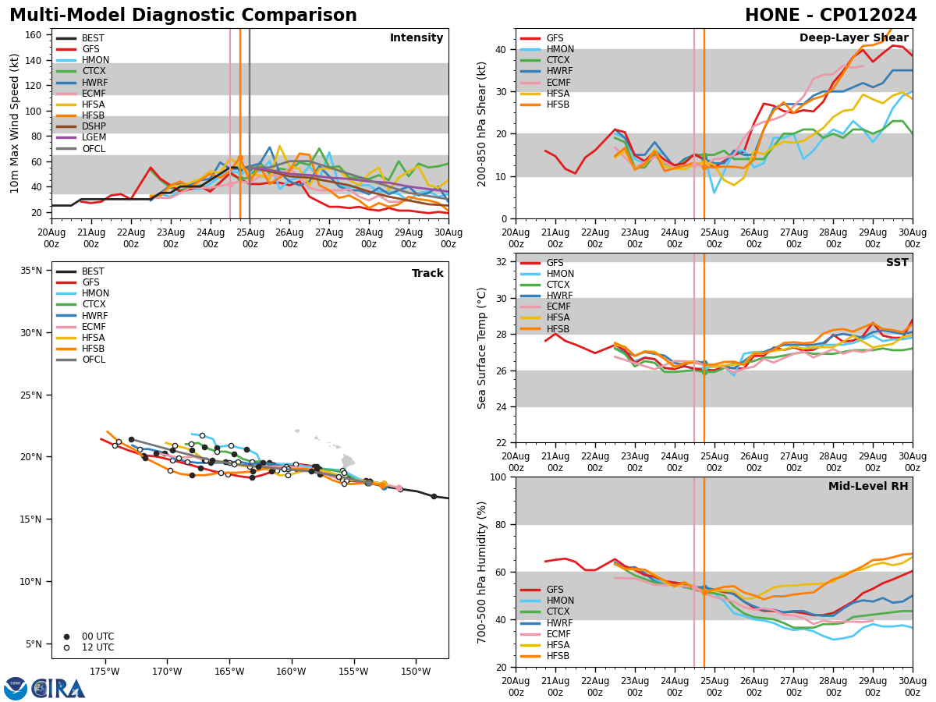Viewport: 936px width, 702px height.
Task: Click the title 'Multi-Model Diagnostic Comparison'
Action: click(x=183, y=16)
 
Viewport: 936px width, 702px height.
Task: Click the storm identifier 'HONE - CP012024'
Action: click(x=831, y=16)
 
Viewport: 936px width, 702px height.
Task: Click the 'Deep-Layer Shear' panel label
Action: click(x=853, y=38)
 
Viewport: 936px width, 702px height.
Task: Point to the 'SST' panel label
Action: click(x=897, y=263)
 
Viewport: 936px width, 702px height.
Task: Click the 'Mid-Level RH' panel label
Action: click(x=868, y=487)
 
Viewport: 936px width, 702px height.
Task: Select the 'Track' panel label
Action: click(x=427, y=274)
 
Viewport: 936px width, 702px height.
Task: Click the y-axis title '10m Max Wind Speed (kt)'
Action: click(x=16, y=123)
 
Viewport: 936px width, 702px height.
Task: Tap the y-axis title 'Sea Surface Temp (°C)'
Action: click(x=483, y=348)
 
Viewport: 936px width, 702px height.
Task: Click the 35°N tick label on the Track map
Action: click(x=31, y=271)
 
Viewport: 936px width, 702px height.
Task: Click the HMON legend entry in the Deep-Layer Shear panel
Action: click(x=560, y=49)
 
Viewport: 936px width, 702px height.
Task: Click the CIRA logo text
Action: click(x=58, y=689)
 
